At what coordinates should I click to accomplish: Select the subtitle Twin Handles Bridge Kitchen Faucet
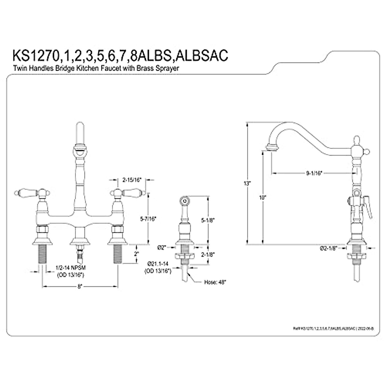[96, 68]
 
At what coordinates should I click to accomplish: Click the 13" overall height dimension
[247, 184]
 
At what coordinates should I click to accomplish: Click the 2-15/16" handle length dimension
[133, 180]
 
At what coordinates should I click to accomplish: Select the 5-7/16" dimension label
[148, 219]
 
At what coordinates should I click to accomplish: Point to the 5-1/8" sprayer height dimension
[207, 221]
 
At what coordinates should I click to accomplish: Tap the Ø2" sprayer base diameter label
[162, 247]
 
